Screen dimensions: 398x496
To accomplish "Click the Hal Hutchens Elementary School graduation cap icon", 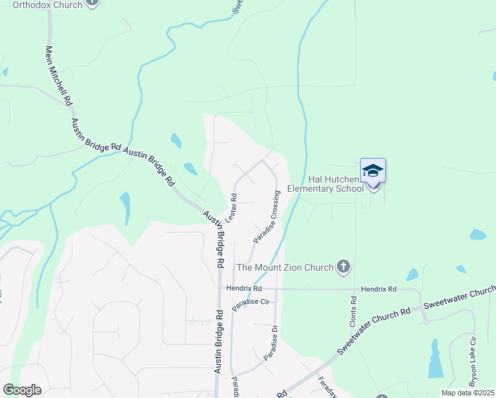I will pyautogui.click(x=373, y=170).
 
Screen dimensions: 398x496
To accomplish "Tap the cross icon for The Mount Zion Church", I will pyautogui.click(x=343, y=267).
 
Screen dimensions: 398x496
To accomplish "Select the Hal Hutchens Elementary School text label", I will pyautogui.click(x=336, y=184).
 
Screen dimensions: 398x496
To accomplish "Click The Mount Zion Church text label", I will pyautogui.click(x=285, y=268).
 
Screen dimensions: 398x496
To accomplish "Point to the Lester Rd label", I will pyautogui.click(x=231, y=208).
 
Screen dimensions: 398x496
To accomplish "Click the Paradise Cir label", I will pyautogui.click(x=250, y=302).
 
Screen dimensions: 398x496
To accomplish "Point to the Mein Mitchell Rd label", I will pyautogui.click(x=58, y=75).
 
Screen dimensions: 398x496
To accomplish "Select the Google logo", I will pyautogui.click(x=22, y=390).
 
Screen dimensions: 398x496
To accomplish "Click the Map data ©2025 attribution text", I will pyautogui.click(x=467, y=393).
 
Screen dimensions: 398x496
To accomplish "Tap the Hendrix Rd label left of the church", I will pyautogui.click(x=244, y=289).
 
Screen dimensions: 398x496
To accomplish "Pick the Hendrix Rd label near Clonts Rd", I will pyautogui.click(x=379, y=289).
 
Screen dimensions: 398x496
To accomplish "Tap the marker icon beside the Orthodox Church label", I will pyautogui.click(x=92, y=2).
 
